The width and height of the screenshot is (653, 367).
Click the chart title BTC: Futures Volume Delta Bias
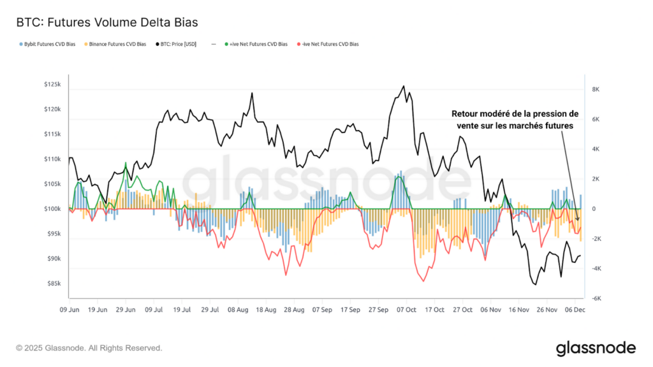pyautogui.click(x=106, y=22)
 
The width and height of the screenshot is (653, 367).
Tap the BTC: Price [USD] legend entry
pyautogui.click(x=181, y=45)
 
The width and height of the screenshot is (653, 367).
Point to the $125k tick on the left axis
pyautogui.click(x=52, y=85)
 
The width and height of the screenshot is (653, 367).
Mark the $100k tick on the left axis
pyautogui.click(x=52, y=209)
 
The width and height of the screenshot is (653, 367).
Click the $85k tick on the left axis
pyautogui.click(x=53, y=284)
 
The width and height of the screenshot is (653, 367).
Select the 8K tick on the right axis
pyautogui.click(x=596, y=90)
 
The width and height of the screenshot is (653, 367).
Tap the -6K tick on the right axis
pyautogui.click(x=596, y=299)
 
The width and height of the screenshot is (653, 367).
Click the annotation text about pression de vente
pyautogui.click(x=514, y=120)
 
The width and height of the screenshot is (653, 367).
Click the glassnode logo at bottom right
pyautogui.click(x=595, y=348)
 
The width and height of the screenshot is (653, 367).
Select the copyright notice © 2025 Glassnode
pyautogui.click(x=89, y=348)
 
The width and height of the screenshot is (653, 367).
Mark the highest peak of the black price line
pyautogui.click(x=403, y=87)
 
